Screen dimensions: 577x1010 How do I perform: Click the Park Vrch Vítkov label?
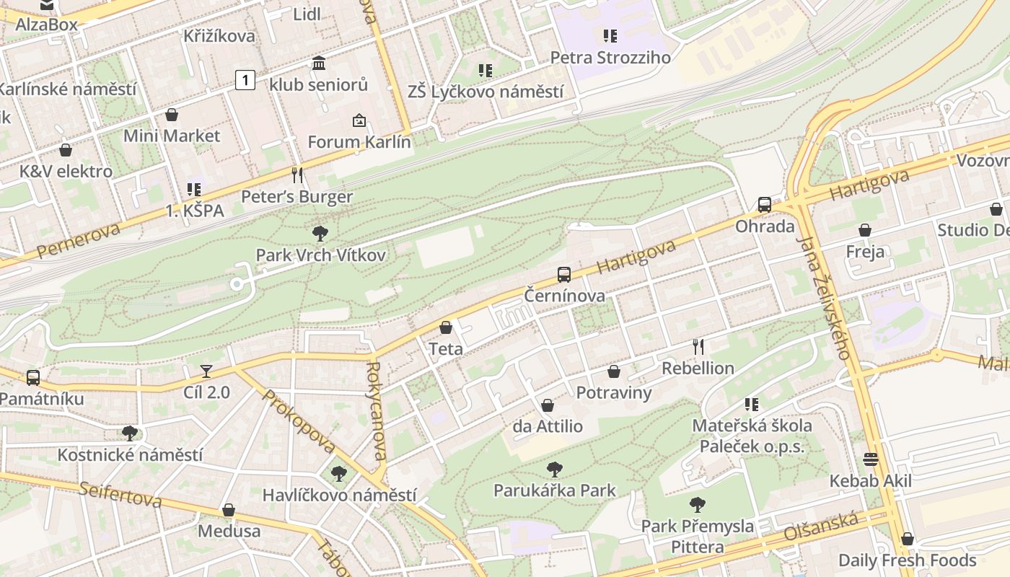[x=320, y=255]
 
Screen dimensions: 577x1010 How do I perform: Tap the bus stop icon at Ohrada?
[x=764, y=205]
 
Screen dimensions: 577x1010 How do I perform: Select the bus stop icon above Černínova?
[x=564, y=275]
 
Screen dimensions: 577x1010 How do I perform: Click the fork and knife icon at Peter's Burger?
[x=297, y=175]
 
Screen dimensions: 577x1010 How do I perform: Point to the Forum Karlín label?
[x=359, y=142]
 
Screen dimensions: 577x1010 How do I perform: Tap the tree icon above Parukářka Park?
[x=554, y=470]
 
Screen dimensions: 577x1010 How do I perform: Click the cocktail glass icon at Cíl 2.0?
[x=206, y=371]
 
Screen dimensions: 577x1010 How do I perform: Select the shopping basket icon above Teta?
[x=446, y=328]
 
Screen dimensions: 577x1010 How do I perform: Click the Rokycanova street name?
[x=377, y=411]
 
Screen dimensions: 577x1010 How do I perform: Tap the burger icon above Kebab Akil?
[x=871, y=460]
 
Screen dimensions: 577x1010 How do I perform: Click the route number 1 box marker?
[x=245, y=79]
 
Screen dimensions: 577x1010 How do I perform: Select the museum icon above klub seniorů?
[x=319, y=63]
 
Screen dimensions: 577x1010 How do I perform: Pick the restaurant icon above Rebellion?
[x=698, y=347]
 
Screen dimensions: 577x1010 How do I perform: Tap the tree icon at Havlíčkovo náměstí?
[x=339, y=474]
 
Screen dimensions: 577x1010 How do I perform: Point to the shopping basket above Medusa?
[x=229, y=511]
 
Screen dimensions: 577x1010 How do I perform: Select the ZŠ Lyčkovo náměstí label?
[x=485, y=92]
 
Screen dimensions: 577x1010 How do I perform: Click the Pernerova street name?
[x=78, y=241]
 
